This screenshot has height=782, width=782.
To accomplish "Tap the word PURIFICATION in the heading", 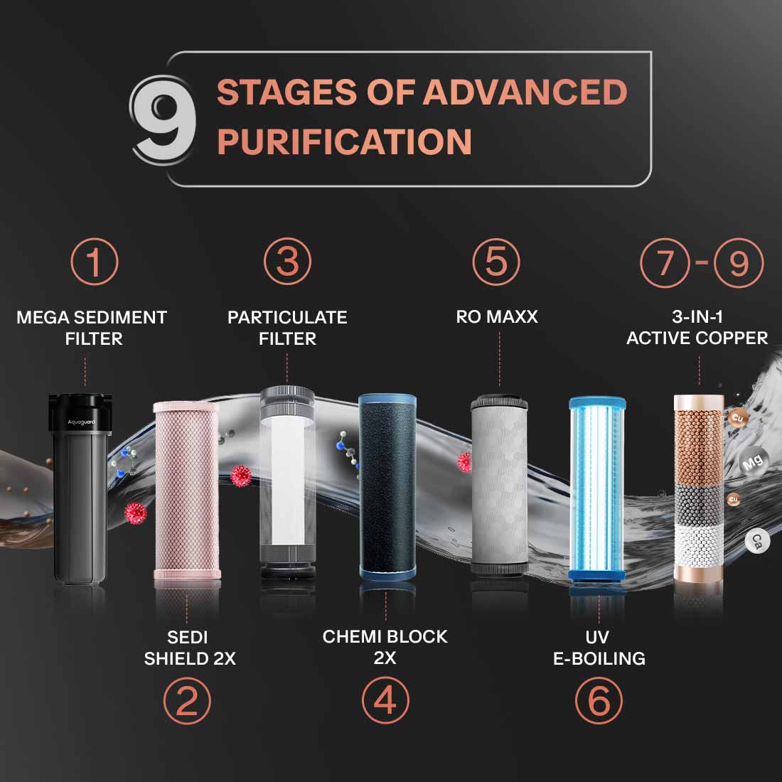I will [344, 141].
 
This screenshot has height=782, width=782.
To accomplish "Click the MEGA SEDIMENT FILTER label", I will [92, 328].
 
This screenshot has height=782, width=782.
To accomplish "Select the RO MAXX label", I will [497, 317].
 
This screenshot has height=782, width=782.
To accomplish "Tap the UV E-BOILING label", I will [599, 647].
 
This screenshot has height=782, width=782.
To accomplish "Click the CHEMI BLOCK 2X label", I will [385, 647].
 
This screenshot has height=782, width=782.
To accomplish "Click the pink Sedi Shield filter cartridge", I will [186, 491].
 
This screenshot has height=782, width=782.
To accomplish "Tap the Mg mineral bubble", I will [751, 461].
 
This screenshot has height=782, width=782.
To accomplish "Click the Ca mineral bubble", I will [757, 541].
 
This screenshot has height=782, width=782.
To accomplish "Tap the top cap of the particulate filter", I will [287, 396].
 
